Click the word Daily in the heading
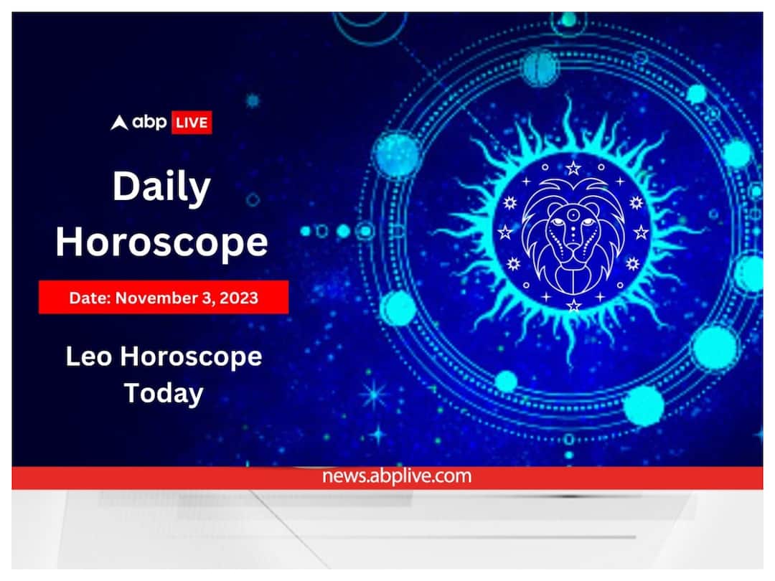[161, 189]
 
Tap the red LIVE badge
[191, 123]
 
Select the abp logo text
[149, 123]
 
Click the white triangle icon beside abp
[119, 123]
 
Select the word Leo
[89, 356]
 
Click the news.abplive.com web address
[396, 476]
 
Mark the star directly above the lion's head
[573, 169]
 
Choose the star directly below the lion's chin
[573, 306]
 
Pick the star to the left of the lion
[505, 232]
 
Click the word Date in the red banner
[85, 297]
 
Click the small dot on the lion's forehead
[572, 213]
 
